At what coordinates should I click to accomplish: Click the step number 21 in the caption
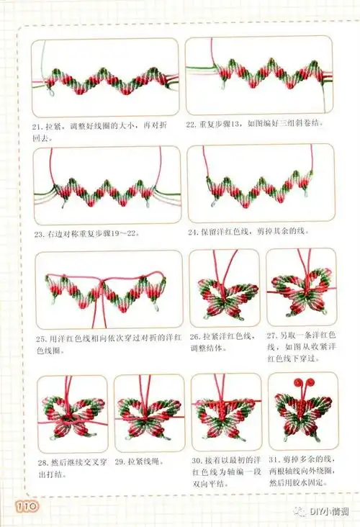(39, 125)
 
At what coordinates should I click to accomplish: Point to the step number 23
(39, 234)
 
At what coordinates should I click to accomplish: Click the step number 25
(39, 338)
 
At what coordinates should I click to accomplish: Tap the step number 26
(194, 336)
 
